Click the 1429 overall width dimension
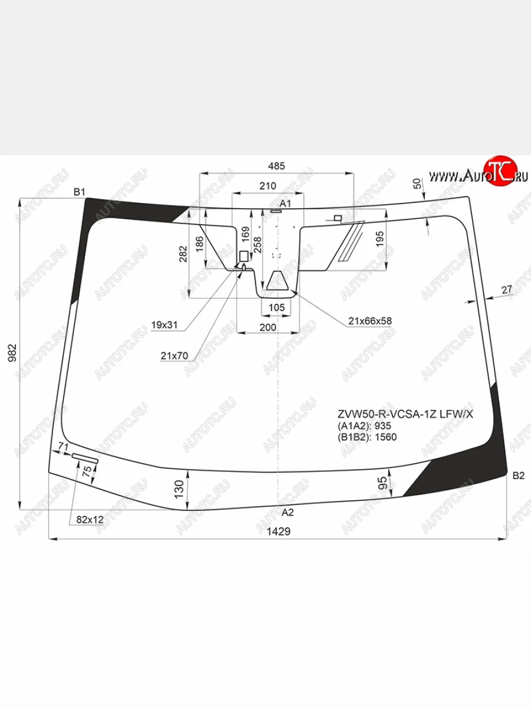(x=278, y=504)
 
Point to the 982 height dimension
(x=12, y=353)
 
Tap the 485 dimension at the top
(x=277, y=166)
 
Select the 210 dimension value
(x=268, y=186)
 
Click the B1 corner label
(x=79, y=192)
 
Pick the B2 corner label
(x=519, y=476)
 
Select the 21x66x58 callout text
(x=370, y=321)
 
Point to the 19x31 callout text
(x=165, y=325)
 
